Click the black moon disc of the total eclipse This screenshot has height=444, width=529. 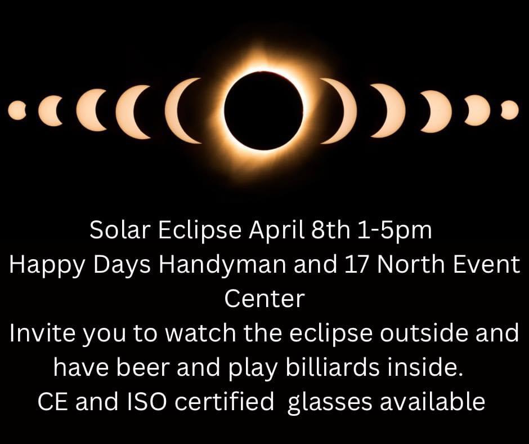tap(264, 110)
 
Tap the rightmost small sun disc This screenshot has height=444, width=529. tap(510, 110)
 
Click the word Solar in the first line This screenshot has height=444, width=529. tap(120, 230)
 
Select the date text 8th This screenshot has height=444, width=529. tap(331, 230)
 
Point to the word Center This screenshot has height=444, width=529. tap(264, 299)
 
